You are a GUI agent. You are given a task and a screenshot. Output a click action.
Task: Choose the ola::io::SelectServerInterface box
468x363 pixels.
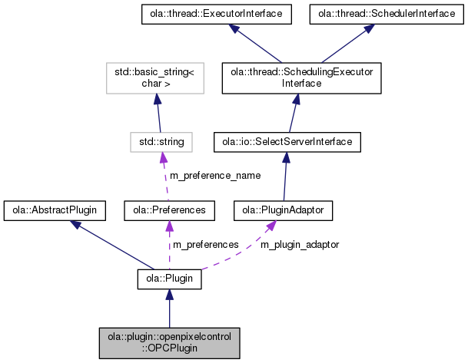(x=286, y=142)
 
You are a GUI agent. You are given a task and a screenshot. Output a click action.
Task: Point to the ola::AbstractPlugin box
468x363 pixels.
(x=55, y=209)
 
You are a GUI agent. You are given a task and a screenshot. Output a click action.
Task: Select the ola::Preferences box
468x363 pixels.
(x=169, y=209)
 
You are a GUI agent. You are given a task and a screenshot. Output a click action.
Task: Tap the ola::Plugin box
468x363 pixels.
(x=169, y=279)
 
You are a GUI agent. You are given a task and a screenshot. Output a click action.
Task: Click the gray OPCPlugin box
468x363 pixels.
(x=169, y=342)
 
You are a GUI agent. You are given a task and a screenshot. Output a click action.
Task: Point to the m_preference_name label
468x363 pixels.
(x=214, y=175)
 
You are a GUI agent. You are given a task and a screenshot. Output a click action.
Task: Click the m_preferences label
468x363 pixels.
(x=204, y=244)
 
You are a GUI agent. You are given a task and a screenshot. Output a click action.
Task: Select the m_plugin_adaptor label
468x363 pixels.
(x=299, y=244)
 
